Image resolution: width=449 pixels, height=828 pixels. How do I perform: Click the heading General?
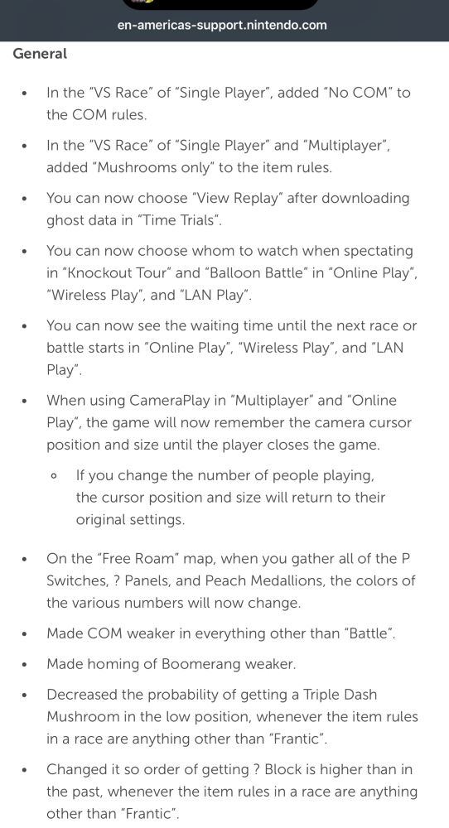[x=40, y=54]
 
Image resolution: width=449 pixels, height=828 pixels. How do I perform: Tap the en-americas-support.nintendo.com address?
[x=223, y=25]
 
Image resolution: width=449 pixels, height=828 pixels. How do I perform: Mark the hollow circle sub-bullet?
[x=54, y=476]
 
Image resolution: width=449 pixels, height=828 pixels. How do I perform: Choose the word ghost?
[x=66, y=220]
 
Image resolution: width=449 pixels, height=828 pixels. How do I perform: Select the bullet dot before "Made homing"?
[x=25, y=664]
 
